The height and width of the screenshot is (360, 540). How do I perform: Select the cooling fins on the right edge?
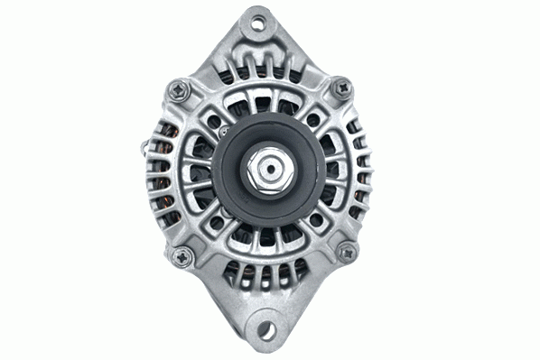pos(363,171)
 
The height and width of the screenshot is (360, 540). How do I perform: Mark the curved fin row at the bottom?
pos(267,271)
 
